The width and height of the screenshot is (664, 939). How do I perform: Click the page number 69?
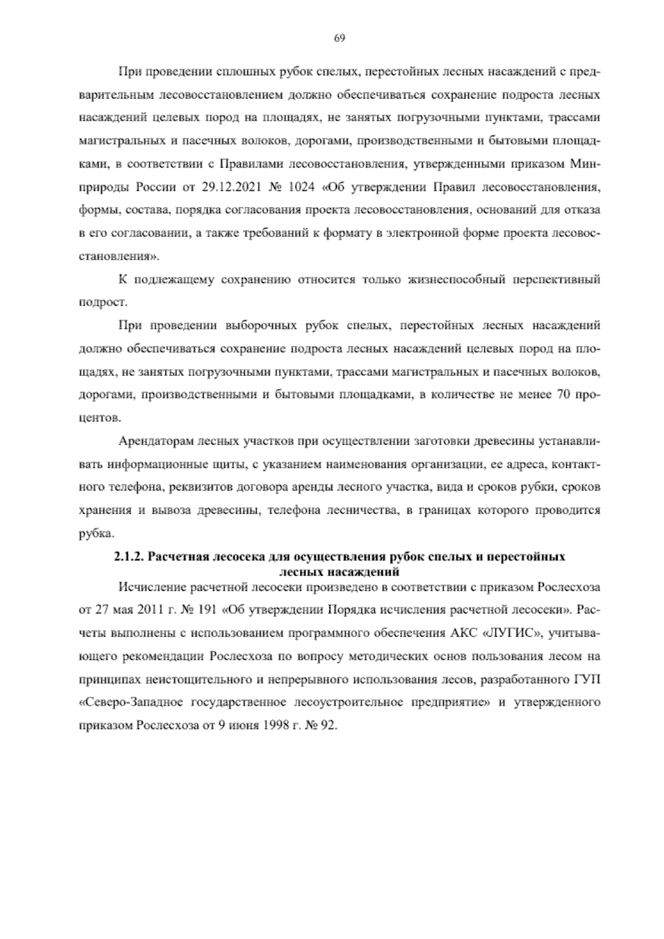click(x=340, y=38)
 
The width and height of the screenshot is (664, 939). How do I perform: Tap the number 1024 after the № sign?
click(x=301, y=187)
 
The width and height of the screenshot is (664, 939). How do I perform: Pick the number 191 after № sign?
click(x=206, y=610)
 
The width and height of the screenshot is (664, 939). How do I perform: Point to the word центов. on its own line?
click(x=96, y=420)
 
